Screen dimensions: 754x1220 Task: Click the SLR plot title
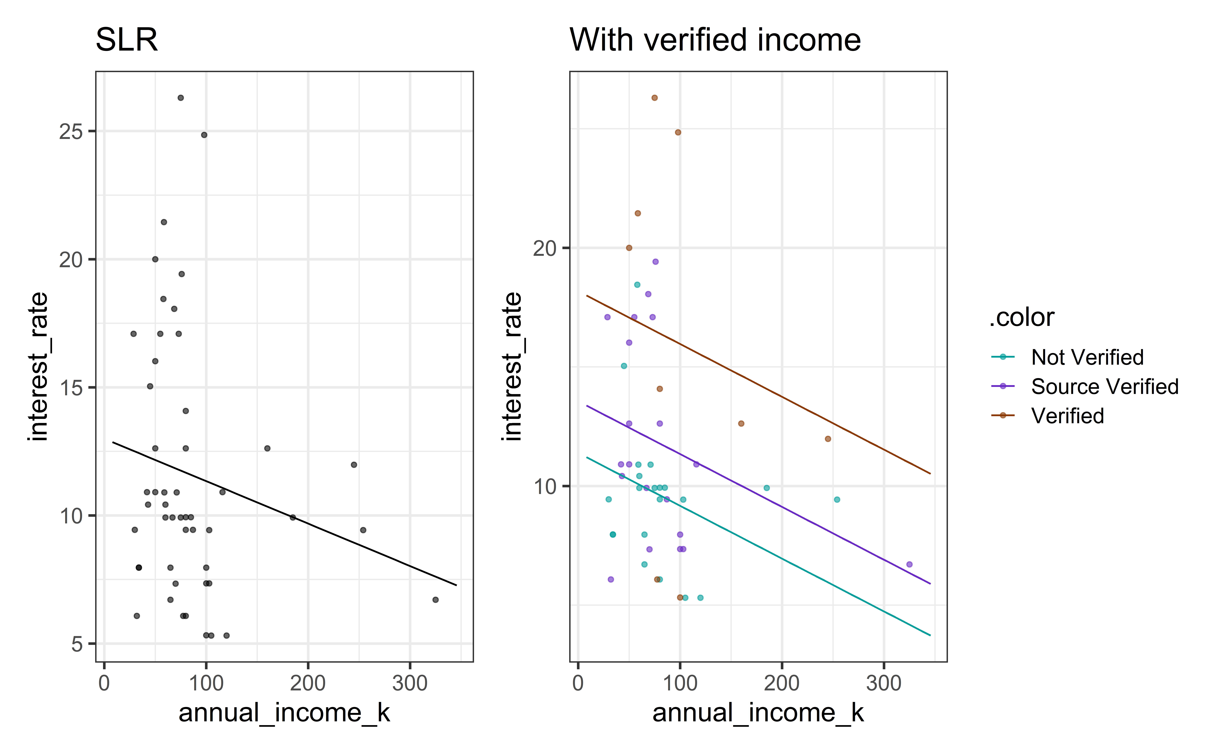click(x=127, y=40)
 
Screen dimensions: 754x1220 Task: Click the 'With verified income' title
click(x=715, y=40)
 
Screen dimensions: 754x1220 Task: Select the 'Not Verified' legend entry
click(x=1087, y=357)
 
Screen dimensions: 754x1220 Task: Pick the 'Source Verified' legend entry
click(x=1104, y=386)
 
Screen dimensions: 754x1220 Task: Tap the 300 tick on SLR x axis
click(x=410, y=683)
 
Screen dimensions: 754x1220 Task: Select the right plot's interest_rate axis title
click(x=513, y=367)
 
